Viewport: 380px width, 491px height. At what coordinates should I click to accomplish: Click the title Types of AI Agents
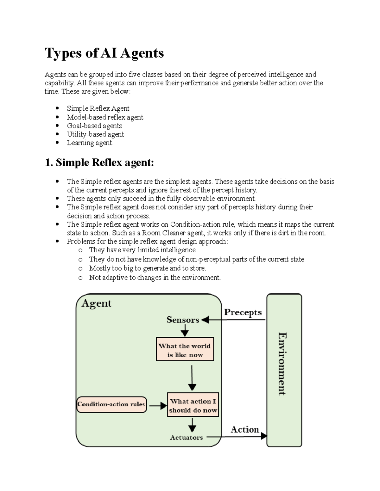point(104,53)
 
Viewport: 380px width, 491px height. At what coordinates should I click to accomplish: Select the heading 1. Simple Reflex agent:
point(99,163)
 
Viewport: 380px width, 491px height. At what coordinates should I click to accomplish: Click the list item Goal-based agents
point(94,126)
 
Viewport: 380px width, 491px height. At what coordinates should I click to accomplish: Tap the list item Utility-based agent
point(95,134)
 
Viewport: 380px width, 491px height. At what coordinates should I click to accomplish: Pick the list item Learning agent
point(89,143)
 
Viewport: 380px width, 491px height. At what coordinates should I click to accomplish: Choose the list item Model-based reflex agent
point(105,117)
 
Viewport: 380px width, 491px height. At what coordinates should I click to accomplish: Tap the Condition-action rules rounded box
point(111,404)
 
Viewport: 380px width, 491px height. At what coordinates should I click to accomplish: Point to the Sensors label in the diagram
point(183,320)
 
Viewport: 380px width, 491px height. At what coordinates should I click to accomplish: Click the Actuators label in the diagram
point(186,438)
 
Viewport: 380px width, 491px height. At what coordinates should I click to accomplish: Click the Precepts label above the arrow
point(243,312)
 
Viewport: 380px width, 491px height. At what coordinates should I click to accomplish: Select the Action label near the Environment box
point(245,429)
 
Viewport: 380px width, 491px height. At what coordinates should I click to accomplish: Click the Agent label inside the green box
point(97,304)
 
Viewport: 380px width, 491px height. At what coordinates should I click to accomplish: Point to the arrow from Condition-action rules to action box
point(158,405)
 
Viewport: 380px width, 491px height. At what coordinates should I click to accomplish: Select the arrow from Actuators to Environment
point(236,437)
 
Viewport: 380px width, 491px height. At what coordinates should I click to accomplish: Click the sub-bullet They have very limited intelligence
point(142,250)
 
